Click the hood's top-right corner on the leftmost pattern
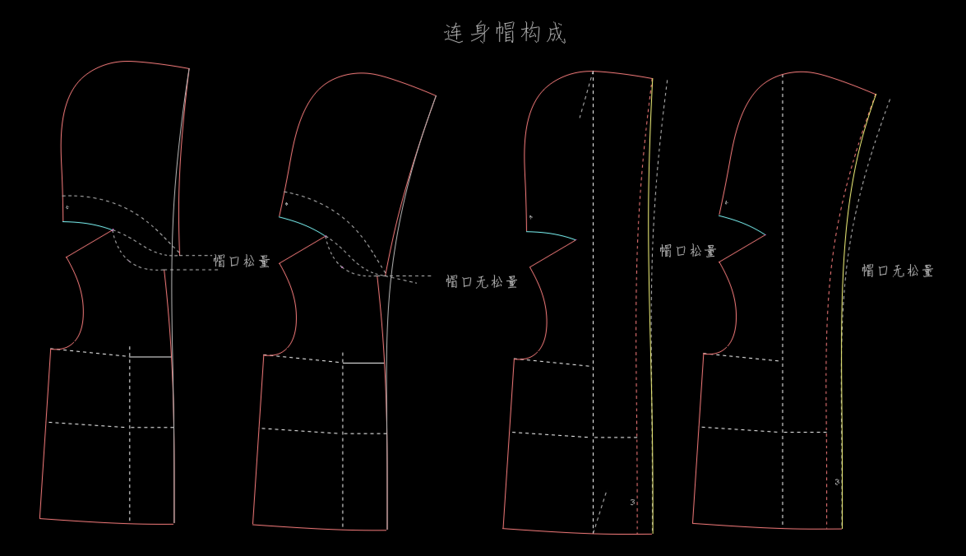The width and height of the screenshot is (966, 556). pyautogui.click(x=189, y=69)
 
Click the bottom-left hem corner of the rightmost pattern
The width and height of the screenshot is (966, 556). pyautogui.click(x=693, y=523)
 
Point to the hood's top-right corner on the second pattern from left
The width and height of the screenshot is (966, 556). pyautogui.click(x=436, y=96)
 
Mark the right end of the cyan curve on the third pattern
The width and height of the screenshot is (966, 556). pyautogui.click(x=576, y=240)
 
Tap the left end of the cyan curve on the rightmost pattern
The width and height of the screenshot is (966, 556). pyautogui.click(x=719, y=215)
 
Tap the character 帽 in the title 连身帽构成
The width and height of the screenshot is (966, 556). pyautogui.click(x=505, y=33)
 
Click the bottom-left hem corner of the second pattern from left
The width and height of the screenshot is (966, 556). pyautogui.click(x=253, y=524)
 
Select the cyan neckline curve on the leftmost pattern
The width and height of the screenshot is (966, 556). pyautogui.click(x=88, y=224)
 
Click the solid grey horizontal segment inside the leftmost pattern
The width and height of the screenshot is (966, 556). pyautogui.click(x=150, y=357)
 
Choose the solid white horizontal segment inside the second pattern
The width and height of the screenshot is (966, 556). pyautogui.click(x=363, y=363)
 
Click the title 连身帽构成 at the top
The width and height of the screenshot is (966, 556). pyautogui.click(x=505, y=33)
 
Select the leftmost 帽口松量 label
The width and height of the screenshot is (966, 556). pyautogui.click(x=242, y=261)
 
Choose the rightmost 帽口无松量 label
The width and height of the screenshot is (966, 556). pyautogui.click(x=898, y=271)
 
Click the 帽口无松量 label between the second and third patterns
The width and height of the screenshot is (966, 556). pyautogui.click(x=482, y=282)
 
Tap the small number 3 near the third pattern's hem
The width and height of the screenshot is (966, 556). pyautogui.click(x=632, y=502)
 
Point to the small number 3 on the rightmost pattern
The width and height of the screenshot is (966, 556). pyautogui.click(x=837, y=482)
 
